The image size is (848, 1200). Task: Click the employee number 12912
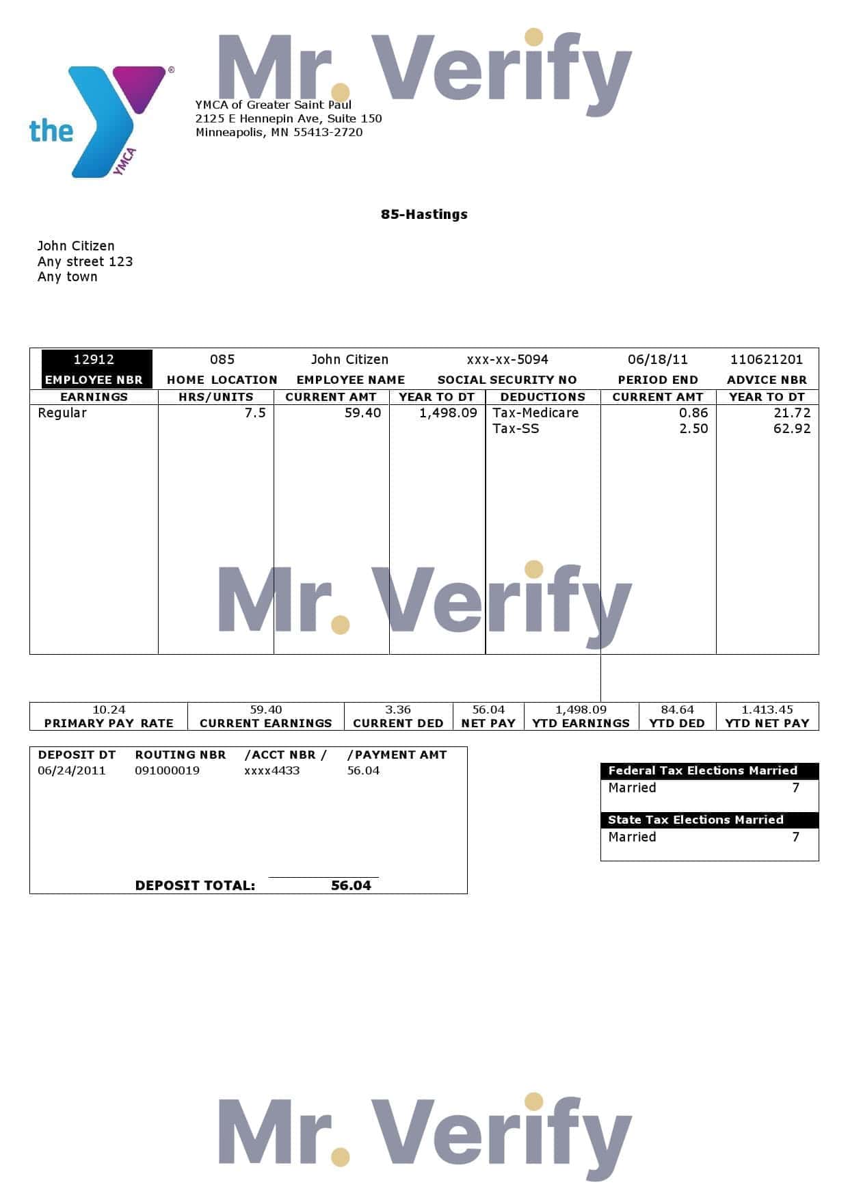pos(94,359)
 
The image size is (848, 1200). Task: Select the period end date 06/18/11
pos(657,359)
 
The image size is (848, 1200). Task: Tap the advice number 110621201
pos(766,359)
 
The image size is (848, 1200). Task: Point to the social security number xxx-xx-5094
pos(507,359)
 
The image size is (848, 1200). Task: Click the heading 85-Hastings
pos(424,214)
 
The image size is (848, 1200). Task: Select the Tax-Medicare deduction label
pos(535,413)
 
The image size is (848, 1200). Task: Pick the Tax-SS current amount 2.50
pos(693,428)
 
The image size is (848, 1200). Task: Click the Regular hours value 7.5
pos(255,413)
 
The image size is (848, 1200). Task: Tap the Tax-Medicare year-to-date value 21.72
pos(791,413)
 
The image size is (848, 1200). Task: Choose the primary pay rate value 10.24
pos(109,709)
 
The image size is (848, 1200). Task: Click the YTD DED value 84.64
pos(677,709)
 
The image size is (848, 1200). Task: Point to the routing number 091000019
pos(167,770)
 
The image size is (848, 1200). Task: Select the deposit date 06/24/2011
pos(72,770)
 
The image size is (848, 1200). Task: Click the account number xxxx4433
pos(271,770)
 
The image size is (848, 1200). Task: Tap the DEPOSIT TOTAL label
pos(195,885)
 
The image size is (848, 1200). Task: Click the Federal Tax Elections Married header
pos(702,770)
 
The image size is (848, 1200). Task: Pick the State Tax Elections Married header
pos(695,820)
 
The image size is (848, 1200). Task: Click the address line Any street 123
pos(85,261)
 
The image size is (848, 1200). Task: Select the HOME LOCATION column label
pos(222,380)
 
